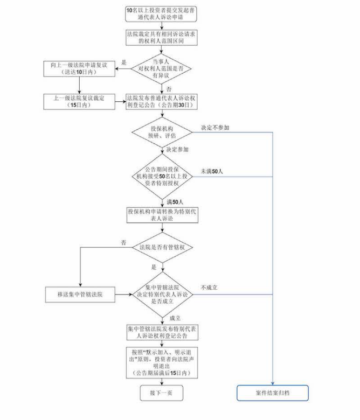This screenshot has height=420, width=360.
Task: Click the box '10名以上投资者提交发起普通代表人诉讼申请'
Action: (x=162, y=15)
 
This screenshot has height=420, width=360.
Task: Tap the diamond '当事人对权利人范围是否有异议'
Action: (x=162, y=68)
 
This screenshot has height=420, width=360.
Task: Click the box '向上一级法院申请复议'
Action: (x=79, y=68)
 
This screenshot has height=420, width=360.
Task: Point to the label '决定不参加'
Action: (x=215, y=128)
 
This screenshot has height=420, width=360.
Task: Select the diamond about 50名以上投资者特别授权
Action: (x=162, y=176)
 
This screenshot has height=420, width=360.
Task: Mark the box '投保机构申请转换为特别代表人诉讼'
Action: (x=162, y=215)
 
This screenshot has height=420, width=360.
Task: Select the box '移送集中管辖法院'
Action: (x=79, y=295)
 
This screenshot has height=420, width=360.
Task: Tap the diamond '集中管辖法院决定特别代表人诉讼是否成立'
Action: (x=162, y=295)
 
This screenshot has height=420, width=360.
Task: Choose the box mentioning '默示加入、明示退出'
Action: (x=162, y=362)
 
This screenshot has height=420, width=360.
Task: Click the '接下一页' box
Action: (x=162, y=393)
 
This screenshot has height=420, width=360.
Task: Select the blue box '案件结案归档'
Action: (x=273, y=393)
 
